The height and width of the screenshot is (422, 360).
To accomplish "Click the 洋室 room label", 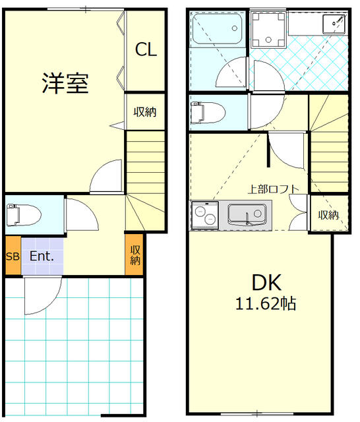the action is (x=65, y=83).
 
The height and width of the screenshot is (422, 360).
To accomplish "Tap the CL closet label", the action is (x=146, y=49).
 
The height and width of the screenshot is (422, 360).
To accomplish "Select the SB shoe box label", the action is (x=13, y=256).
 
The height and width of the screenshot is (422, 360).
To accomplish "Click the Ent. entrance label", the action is (x=42, y=256).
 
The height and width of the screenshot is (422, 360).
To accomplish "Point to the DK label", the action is (x=266, y=282).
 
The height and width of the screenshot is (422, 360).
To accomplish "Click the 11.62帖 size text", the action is (x=266, y=303).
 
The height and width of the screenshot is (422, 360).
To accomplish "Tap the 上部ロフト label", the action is (x=274, y=189).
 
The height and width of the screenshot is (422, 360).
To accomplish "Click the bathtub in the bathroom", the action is (x=218, y=29).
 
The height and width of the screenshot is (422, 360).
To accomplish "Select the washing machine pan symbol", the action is (x=268, y=30).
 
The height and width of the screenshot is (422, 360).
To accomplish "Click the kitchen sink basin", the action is (x=247, y=214).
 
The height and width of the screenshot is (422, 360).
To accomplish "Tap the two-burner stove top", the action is (x=205, y=216).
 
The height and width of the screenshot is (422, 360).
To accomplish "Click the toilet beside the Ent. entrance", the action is (x=24, y=215).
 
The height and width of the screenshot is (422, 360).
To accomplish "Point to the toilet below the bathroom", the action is (x=207, y=113).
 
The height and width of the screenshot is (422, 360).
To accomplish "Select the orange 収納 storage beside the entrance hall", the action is (x=134, y=255).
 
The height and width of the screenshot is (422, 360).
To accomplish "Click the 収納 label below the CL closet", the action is (x=145, y=111).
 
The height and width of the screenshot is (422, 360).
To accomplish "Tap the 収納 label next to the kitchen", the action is (x=328, y=215).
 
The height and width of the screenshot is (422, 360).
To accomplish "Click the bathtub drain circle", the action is (x=235, y=28).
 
